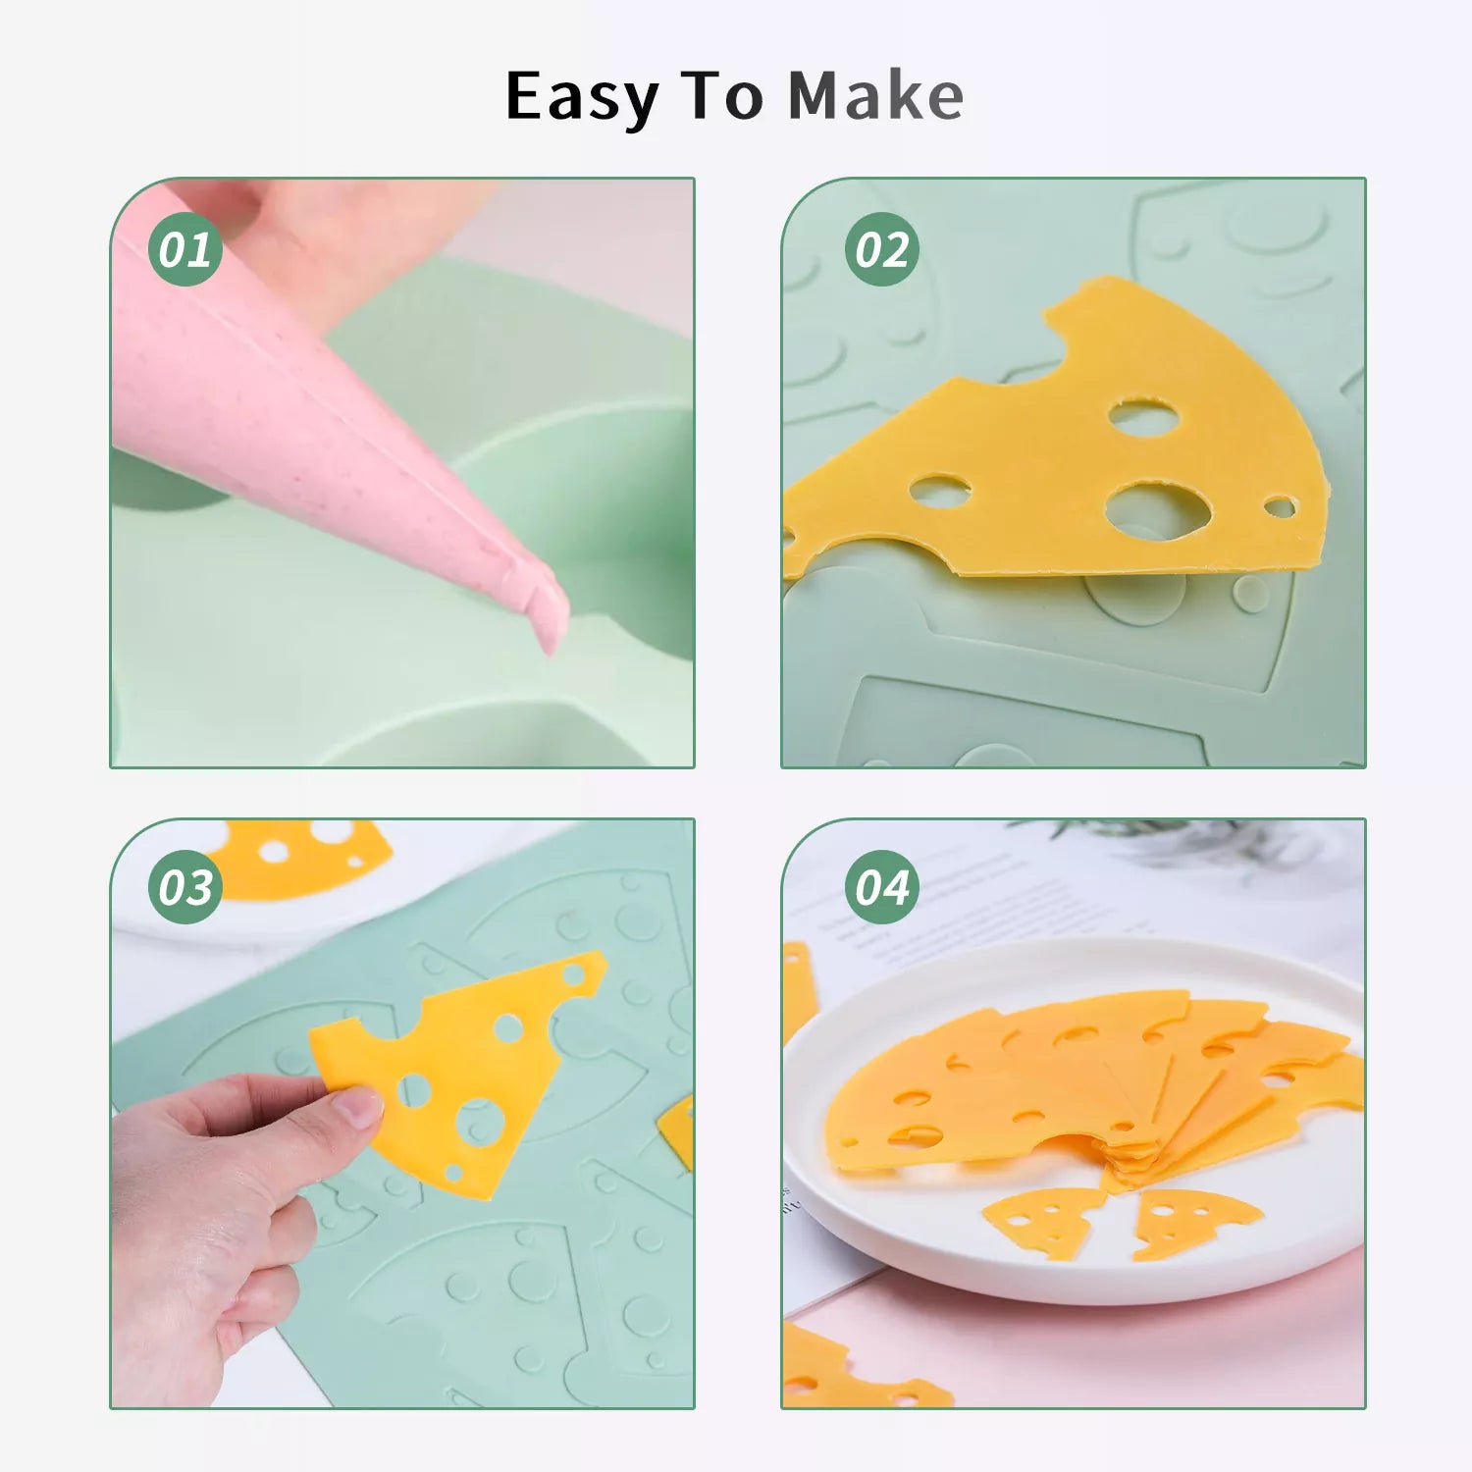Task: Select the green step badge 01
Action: click(x=184, y=249)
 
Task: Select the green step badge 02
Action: click(x=881, y=249)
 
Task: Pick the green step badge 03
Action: click(x=184, y=887)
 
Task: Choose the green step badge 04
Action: click(x=881, y=887)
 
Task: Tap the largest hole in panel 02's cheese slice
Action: click(x=1158, y=507)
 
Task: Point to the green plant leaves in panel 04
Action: click(x=1178, y=839)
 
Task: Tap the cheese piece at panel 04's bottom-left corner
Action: click(x=854, y=1369)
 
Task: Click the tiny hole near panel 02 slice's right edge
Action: click(x=1279, y=506)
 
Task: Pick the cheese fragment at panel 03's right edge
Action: click(x=678, y=1131)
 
